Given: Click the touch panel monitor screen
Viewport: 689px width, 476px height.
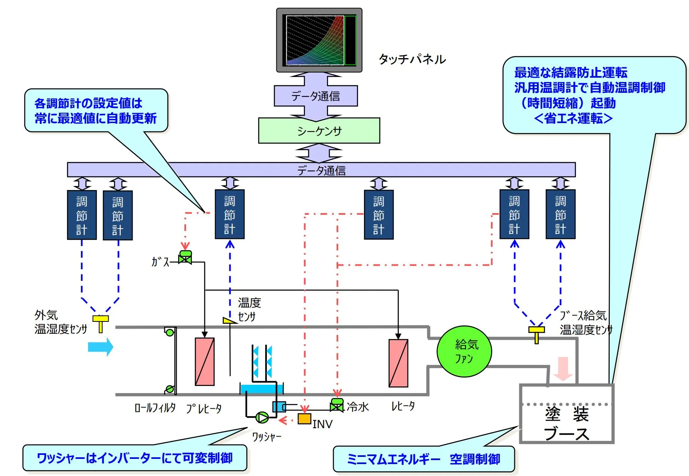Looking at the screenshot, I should (x=315, y=40).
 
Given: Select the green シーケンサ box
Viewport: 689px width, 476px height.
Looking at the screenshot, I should (x=319, y=131).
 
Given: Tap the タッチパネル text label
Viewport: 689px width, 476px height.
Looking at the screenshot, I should (x=412, y=59).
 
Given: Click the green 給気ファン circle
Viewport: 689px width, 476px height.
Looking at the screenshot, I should (x=464, y=351).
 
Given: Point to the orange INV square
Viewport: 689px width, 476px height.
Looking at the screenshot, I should (x=305, y=419).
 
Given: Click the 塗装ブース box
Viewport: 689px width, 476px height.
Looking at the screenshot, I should (x=566, y=414).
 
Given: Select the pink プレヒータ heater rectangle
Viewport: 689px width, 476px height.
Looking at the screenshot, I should (x=205, y=361).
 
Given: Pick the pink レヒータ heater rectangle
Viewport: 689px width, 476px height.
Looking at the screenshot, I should (x=398, y=363).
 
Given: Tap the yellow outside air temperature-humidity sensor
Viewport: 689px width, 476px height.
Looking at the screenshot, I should (x=100, y=323).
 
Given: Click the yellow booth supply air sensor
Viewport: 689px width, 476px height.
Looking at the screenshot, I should (x=536, y=334).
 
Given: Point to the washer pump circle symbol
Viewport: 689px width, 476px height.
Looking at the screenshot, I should (x=262, y=417).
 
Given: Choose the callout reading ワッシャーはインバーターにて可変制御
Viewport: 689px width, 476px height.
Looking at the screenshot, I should (x=135, y=458).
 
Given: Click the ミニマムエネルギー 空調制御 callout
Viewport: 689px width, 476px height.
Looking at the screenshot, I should (x=423, y=459).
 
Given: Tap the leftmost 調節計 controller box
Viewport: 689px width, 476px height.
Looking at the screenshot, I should (x=82, y=215).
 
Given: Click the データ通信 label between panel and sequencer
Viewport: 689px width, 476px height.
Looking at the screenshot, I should (x=315, y=96).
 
